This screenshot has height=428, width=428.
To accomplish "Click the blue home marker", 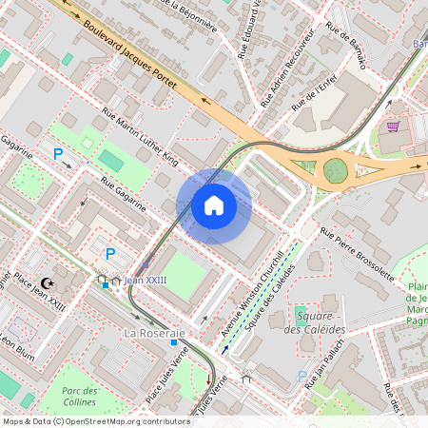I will pyautogui.click(x=214, y=205).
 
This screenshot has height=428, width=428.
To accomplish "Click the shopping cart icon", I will pyautogui.click(x=392, y=126).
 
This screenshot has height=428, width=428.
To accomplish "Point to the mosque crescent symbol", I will pyautogui.click(x=48, y=283).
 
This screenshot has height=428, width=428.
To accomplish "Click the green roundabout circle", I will pyautogui.click(x=335, y=170).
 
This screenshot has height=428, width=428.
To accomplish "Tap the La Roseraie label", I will pyautogui.click(x=153, y=334).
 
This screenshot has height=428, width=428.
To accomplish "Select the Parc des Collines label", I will pyautogui.click(x=81, y=398).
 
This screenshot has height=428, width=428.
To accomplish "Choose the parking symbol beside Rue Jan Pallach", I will pyautogui.click(x=302, y=377).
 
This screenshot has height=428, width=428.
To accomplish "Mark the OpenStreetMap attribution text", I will pyautogui.click(x=95, y=421).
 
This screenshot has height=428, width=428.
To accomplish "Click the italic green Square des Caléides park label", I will pyautogui.click(x=319, y=322).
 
